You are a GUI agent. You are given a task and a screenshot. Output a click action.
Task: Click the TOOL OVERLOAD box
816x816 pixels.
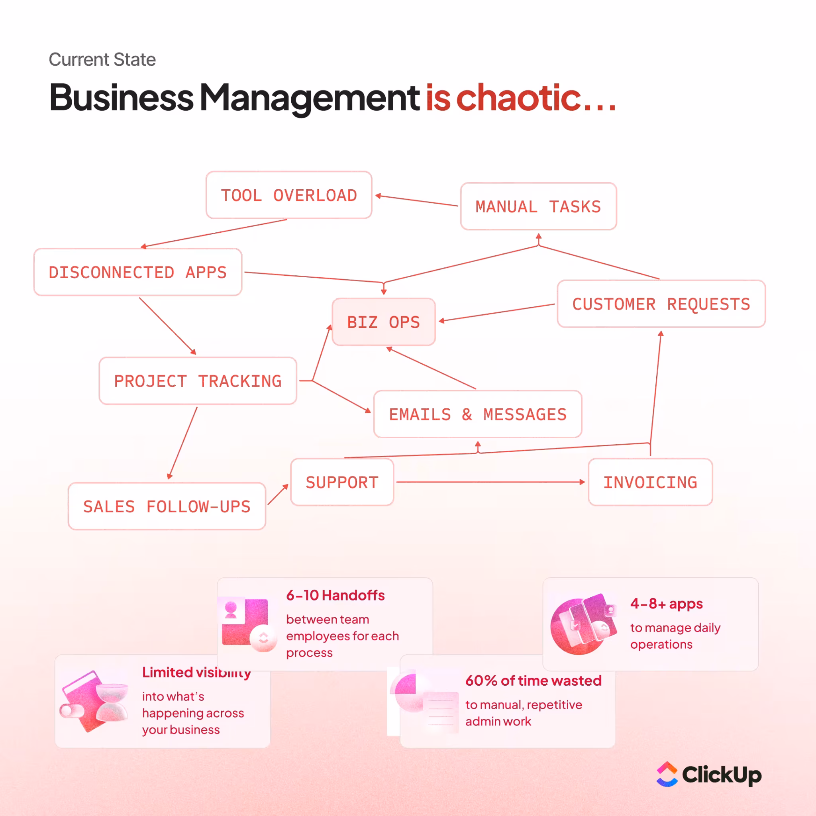[288, 195]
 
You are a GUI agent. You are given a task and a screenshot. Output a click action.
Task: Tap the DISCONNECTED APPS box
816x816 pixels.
[138, 272]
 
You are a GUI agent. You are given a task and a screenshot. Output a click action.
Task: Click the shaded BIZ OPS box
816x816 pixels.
[384, 322]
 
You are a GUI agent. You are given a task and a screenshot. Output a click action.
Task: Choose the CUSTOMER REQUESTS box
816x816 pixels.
[661, 304]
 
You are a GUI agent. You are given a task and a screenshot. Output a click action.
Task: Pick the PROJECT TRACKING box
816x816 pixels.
[198, 381]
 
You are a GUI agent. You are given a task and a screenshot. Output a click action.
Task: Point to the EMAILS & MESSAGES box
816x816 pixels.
[478, 414]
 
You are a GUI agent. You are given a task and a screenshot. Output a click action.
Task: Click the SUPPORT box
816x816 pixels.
[342, 482]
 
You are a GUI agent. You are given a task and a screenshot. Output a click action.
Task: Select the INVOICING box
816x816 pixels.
[650, 482]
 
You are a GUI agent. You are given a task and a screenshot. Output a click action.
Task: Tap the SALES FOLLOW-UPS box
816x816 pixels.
[167, 506]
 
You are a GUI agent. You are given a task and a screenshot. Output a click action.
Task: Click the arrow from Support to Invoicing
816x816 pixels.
[490, 482]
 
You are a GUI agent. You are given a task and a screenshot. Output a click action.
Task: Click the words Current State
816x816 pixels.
[102, 59]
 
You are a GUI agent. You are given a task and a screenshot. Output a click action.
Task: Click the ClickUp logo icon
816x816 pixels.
[667, 774]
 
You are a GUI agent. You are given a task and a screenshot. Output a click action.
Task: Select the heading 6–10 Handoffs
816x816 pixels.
[335, 596]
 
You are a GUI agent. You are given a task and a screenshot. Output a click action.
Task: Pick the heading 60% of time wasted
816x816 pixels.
[534, 681]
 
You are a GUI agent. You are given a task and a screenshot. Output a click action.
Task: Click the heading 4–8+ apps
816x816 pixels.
[667, 604]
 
